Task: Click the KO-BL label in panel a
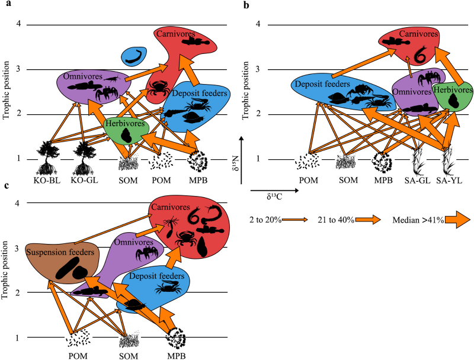tap(47, 181)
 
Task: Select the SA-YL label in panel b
tap(449, 181)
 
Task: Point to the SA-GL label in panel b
tap(417, 181)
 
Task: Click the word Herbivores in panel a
tap(125, 124)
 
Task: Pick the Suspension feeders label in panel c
tap(60, 252)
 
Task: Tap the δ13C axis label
tap(274, 197)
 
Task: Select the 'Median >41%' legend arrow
tap(457, 220)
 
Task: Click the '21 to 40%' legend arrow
tap(368, 220)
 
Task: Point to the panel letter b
tap(246, 5)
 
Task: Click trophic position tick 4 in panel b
tap(258, 24)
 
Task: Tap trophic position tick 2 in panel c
tap(17, 292)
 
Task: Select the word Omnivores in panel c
tap(134, 242)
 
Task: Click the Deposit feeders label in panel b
tap(322, 84)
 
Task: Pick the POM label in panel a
tap(161, 181)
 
